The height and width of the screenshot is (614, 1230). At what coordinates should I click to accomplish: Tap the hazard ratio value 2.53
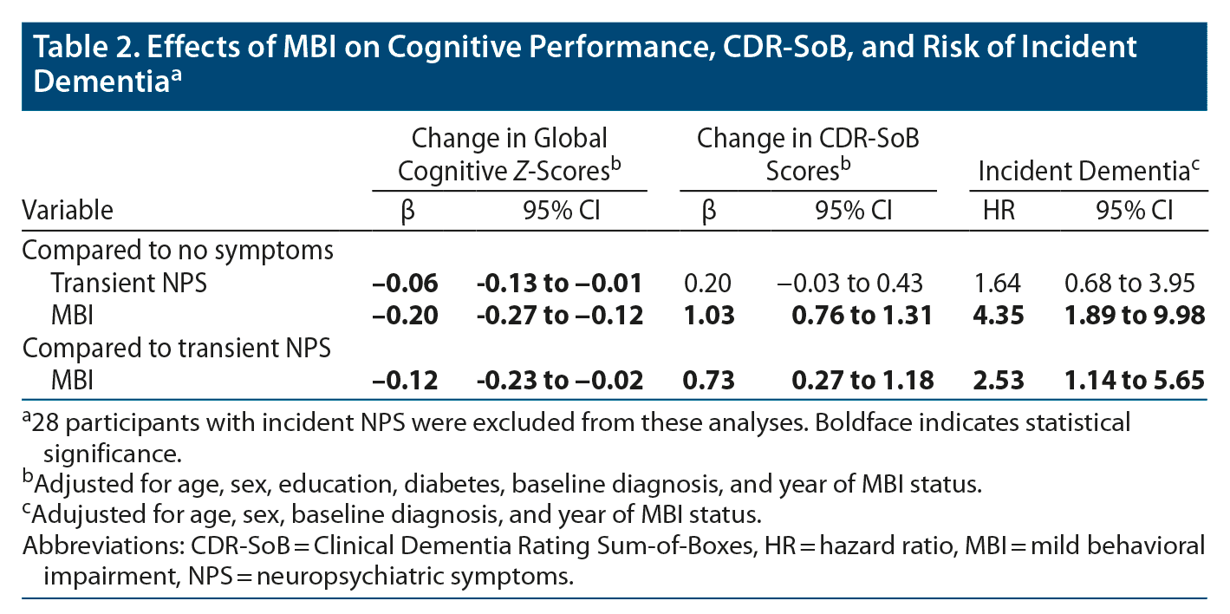coord(999,379)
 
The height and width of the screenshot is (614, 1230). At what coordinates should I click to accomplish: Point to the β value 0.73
coord(708,379)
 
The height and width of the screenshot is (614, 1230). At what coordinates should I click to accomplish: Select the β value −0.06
coord(406,283)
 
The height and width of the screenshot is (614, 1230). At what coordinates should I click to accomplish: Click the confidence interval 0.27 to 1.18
coord(862,379)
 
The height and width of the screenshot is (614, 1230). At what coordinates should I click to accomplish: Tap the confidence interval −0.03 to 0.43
coord(849,283)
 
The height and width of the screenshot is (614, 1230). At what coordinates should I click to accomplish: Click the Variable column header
coord(68,210)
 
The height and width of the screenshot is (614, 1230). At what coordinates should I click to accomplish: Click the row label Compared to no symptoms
coord(178,251)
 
